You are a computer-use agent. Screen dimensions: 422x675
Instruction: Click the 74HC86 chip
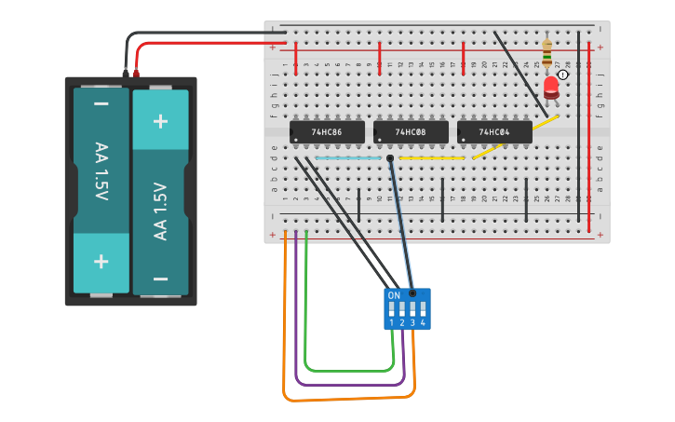[x=327, y=132]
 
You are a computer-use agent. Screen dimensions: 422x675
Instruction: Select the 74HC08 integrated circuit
[x=411, y=132]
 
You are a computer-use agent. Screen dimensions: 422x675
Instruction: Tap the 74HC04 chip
[x=494, y=132]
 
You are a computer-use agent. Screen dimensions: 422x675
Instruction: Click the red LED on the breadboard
[x=551, y=88]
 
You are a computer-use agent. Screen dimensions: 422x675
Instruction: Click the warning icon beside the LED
[x=563, y=75]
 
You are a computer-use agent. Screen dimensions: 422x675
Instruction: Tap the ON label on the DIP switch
[x=394, y=294]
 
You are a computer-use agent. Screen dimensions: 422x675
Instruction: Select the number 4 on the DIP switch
[x=423, y=322]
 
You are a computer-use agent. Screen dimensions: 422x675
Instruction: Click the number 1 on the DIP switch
[x=392, y=322]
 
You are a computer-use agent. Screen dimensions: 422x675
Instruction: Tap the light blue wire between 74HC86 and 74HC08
[x=347, y=158]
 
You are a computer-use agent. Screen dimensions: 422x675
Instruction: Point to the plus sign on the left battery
[x=101, y=262]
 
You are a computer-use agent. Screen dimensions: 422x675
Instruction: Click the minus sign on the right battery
[x=160, y=278]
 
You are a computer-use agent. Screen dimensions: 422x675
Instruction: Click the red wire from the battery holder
[x=205, y=43]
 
